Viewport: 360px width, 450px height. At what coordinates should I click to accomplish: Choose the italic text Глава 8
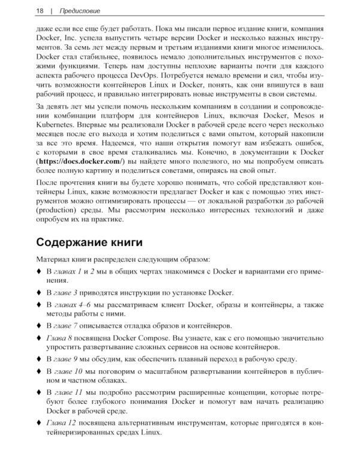61,338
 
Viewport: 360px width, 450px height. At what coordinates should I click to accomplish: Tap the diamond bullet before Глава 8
40,338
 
